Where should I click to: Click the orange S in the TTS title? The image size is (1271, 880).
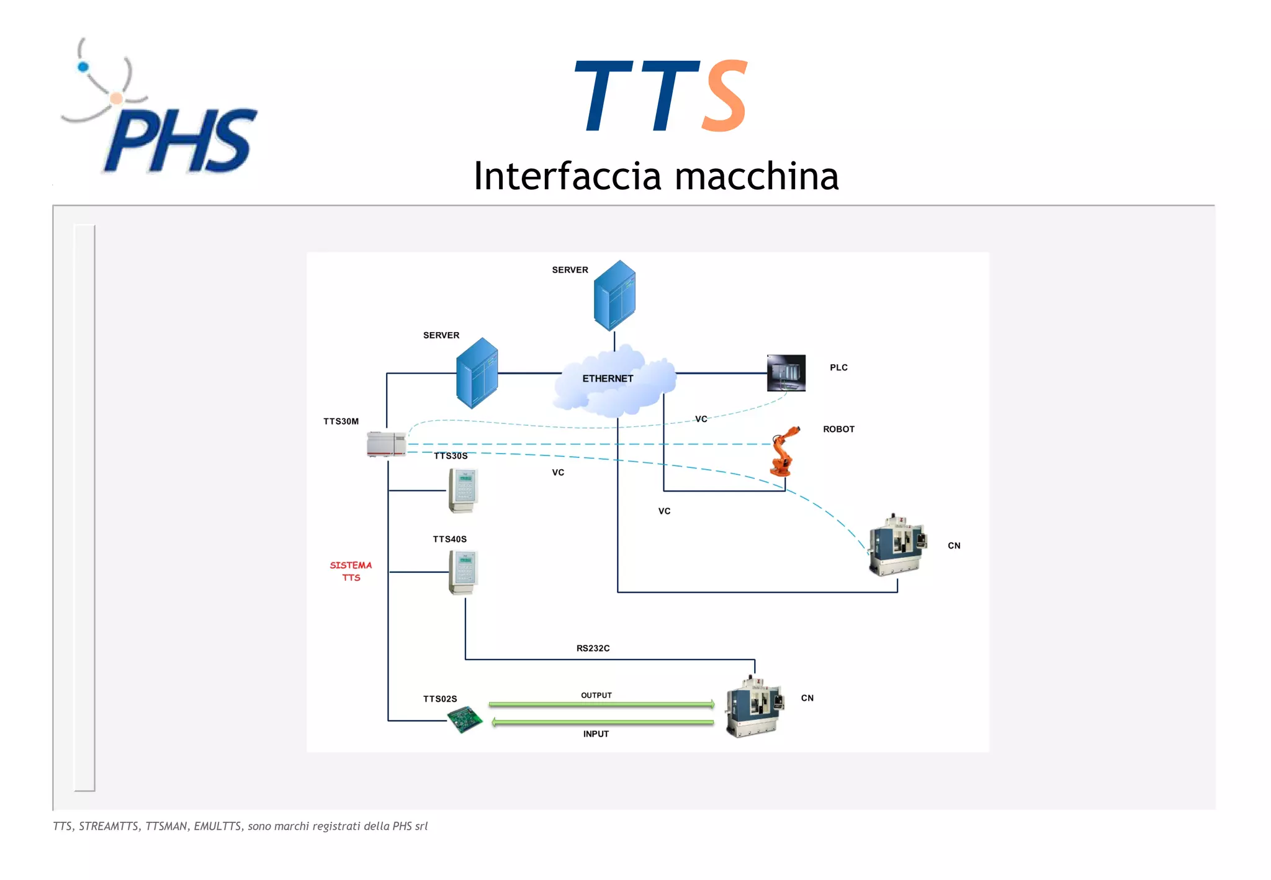pyautogui.click(x=724, y=96)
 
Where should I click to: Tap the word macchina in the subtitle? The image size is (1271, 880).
pyautogui.click(x=757, y=176)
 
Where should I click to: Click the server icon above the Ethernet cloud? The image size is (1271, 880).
pyautogui.click(x=614, y=295)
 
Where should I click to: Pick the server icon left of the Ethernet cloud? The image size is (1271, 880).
pyautogui.click(x=477, y=372)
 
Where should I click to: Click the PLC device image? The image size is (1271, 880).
pyautogui.click(x=786, y=373)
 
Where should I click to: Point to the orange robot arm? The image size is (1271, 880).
pyautogui.click(x=783, y=452)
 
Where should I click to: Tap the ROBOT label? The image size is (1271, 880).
pyautogui.click(x=838, y=429)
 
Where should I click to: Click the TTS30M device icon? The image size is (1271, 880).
pyautogui.click(x=386, y=444)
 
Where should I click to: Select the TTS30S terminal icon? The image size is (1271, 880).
pyautogui.click(x=463, y=490)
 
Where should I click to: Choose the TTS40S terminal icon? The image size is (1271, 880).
pyautogui.click(x=463, y=572)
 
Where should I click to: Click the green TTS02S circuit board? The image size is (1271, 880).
pyautogui.click(x=465, y=720)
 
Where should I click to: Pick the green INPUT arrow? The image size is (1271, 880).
pyautogui.click(x=602, y=722)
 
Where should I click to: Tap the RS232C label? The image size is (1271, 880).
pyautogui.click(x=593, y=649)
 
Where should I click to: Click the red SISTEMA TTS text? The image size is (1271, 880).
pyautogui.click(x=351, y=571)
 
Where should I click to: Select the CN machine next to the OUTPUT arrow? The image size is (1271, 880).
pyautogui.click(x=753, y=707)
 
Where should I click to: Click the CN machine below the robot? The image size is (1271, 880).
pyautogui.click(x=897, y=545)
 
